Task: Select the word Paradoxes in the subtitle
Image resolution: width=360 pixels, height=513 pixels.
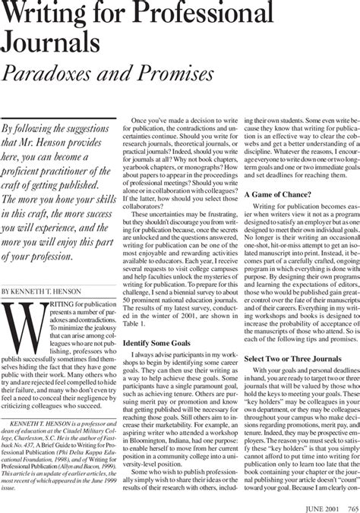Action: pos(57,75)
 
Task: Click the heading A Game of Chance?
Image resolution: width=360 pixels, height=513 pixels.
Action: pos(276,194)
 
